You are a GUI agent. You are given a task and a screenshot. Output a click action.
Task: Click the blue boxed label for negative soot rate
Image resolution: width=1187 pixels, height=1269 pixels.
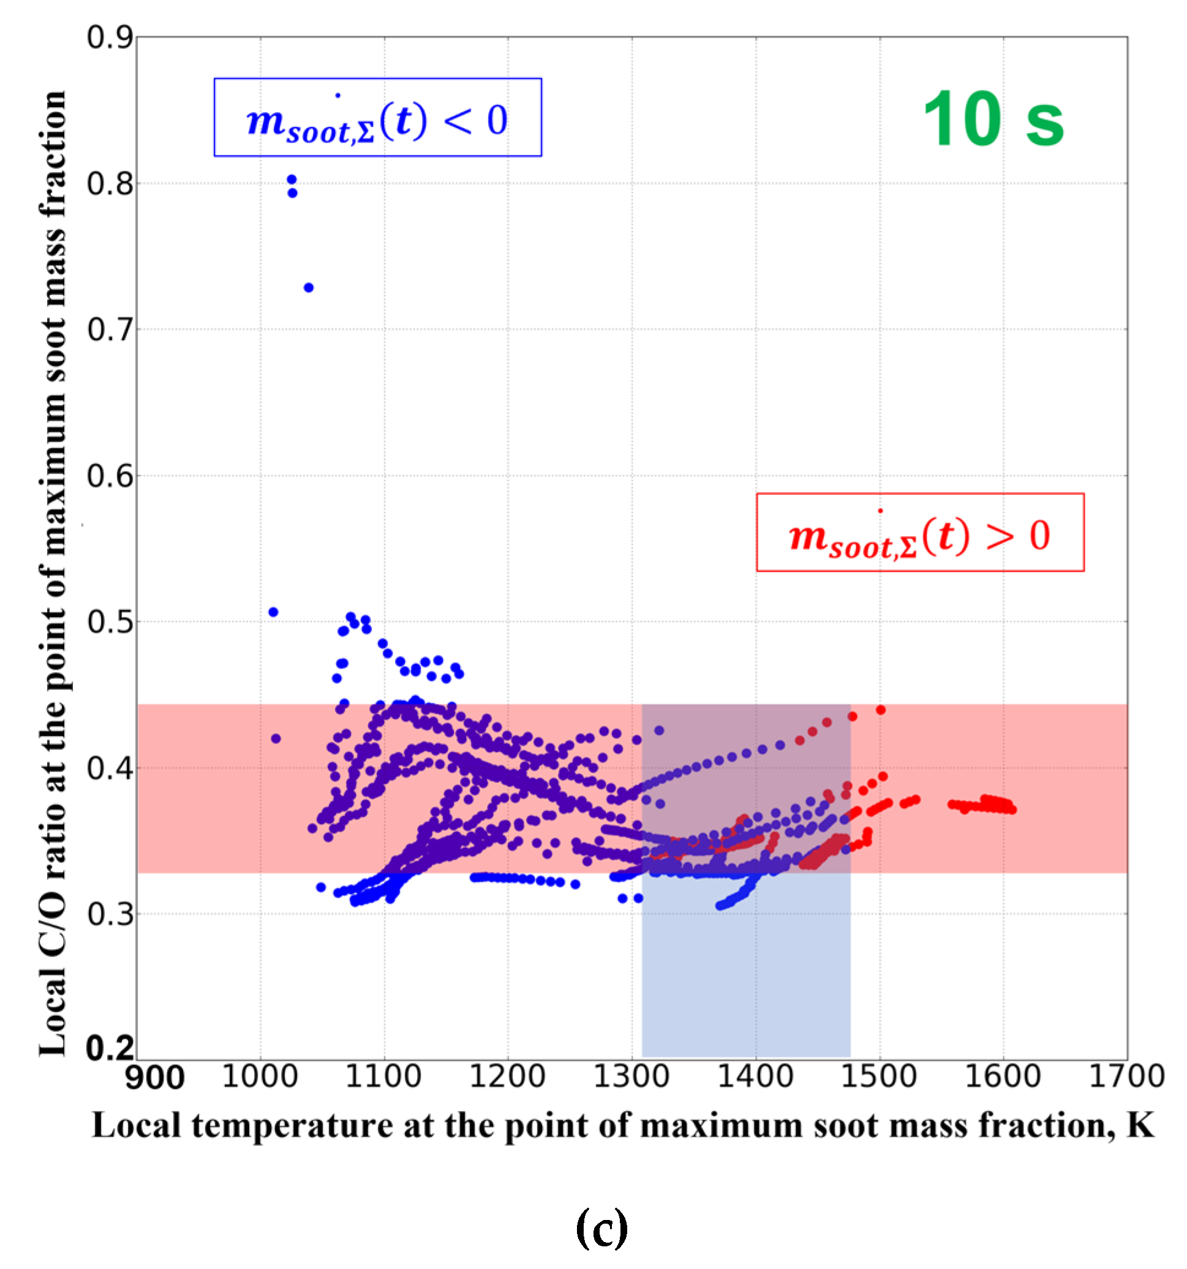pos(377,118)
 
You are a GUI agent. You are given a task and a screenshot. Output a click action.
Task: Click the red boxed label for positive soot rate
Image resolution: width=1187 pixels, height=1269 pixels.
pos(919,532)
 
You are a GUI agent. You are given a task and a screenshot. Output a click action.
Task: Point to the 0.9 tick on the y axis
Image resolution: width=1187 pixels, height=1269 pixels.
pos(110,37)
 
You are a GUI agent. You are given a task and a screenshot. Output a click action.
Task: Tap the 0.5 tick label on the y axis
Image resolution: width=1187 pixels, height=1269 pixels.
pos(110,623)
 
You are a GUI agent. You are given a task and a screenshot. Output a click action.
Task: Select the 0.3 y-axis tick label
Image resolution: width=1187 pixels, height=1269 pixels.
pos(110,914)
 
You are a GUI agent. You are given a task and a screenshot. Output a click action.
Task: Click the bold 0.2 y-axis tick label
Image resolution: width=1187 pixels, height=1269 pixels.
pos(110,1049)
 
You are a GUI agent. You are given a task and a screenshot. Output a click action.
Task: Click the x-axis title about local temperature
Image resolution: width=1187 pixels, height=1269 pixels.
pos(622,1126)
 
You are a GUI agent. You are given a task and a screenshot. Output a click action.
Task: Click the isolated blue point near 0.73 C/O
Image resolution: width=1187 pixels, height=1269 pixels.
pos(308,288)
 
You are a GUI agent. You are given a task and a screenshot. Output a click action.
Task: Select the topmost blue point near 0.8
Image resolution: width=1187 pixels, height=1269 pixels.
pos(292,180)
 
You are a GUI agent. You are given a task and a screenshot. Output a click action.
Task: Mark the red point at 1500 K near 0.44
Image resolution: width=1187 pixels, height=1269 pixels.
pos(880,710)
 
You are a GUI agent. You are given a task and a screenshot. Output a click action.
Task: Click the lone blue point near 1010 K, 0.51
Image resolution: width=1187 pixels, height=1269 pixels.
pos(273,612)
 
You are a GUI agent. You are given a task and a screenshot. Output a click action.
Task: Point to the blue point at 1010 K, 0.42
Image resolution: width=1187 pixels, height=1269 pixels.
pos(276,738)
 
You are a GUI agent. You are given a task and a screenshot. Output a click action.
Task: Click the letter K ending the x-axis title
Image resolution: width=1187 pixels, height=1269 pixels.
pos(1140,1126)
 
